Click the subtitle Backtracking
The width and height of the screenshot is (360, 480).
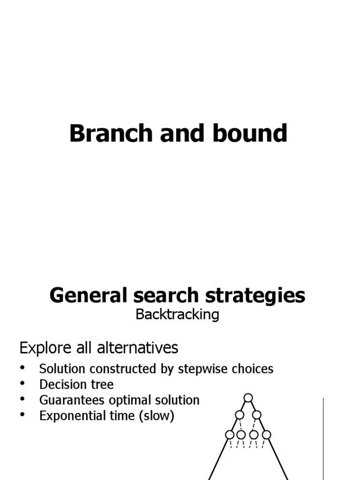click(x=177, y=315)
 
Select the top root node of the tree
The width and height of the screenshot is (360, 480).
click(x=248, y=398)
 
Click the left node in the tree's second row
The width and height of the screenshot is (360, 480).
click(x=240, y=415)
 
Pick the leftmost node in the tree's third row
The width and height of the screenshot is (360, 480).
click(x=230, y=435)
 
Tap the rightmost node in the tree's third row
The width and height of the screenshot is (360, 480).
click(x=266, y=435)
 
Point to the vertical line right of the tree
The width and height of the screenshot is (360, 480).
click(x=323, y=438)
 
